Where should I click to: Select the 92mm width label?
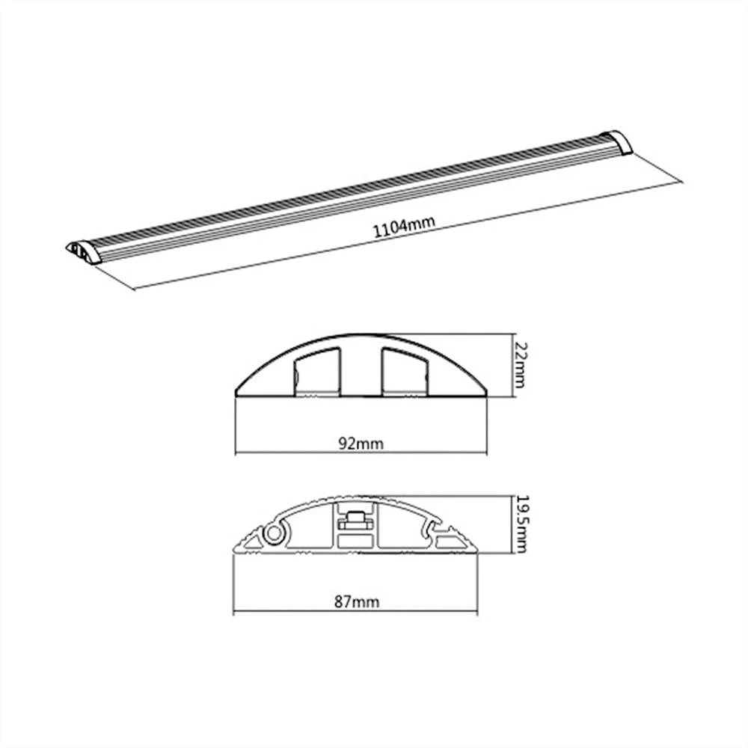[x=362, y=444]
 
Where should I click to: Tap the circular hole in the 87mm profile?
[x=275, y=533]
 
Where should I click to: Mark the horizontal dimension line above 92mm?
[x=362, y=453]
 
